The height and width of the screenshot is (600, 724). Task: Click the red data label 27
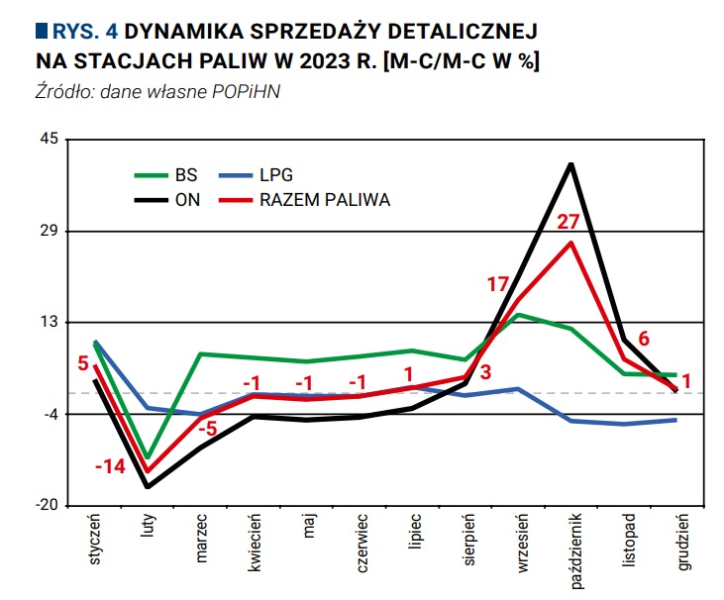pyautogui.click(x=568, y=222)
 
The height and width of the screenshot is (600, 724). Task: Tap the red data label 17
pyautogui.click(x=497, y=284)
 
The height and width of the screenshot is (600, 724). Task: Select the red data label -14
pyautogui.click(x=109, y=466)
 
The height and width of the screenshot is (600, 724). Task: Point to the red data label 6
pyautogui.click(x=644, y=338)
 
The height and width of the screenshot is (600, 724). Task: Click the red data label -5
pyautogui.click(x=207, y=429)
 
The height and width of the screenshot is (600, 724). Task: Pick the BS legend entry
pyautogui.click(x=185, y=175)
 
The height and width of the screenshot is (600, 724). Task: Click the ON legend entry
pyautogui.click(x=187, y=199)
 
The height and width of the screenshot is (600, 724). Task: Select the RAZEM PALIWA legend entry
pyautogui.click(x=324, y=199)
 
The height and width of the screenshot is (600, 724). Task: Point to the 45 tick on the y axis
pyautogui.click(x=49, y=141)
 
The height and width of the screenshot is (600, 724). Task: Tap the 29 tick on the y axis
pyautogui.click(x=49, y=232)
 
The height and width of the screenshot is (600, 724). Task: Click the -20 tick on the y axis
pyautogui.click(x=47, y=505)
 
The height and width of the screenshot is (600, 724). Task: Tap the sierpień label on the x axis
pyautogui.click(x=467, y=542)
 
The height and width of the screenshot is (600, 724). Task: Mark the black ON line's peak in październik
pyautogui.click(x=571, y=163)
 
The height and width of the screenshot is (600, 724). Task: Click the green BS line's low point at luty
pyautogui.click(x=148, y=457)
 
